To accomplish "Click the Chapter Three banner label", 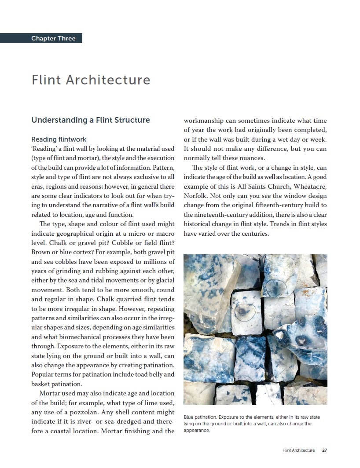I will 53,38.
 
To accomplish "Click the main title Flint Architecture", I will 91,80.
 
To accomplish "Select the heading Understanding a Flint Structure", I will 91,120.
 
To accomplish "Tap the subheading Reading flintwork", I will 59,139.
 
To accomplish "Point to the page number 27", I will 324,450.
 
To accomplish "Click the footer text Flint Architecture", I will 299,450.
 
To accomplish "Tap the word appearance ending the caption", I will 197,431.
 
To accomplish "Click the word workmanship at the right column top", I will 206,120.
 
